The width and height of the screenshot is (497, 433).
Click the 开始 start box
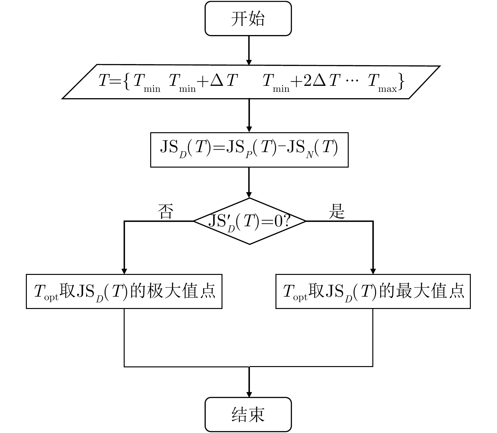point(248,19)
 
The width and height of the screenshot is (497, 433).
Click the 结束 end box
point(248,414)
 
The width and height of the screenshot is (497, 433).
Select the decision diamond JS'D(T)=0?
point(249,221)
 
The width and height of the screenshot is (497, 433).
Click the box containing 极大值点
point(124,291)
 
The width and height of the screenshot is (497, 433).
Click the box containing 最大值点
point(373,291)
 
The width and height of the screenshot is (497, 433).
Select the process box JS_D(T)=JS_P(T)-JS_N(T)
point(249,150)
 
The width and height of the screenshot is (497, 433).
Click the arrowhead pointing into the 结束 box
point(249,394)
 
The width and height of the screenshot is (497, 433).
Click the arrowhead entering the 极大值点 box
point(124,271)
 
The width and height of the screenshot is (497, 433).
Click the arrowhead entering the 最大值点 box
point(373,271)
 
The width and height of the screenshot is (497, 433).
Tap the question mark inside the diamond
point(287,222)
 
